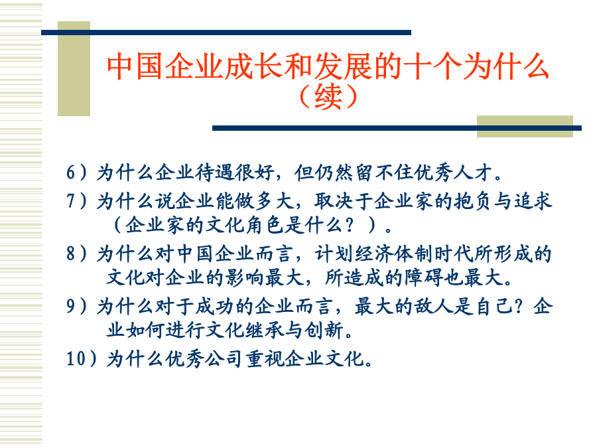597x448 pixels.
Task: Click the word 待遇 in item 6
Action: (215, 173)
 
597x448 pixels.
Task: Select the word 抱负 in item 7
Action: (473, 201)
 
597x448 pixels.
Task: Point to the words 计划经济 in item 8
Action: (354, 254)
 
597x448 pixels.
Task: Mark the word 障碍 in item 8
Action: (423, 277)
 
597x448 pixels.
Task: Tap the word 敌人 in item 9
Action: (434, 306)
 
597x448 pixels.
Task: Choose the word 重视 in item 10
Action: (265, 359)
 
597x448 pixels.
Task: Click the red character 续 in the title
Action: (328, 97)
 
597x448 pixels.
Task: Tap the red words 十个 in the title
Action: (432, 66)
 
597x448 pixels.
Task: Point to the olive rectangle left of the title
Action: (74, 68)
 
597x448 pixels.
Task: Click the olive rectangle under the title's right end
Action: (525, 126)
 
